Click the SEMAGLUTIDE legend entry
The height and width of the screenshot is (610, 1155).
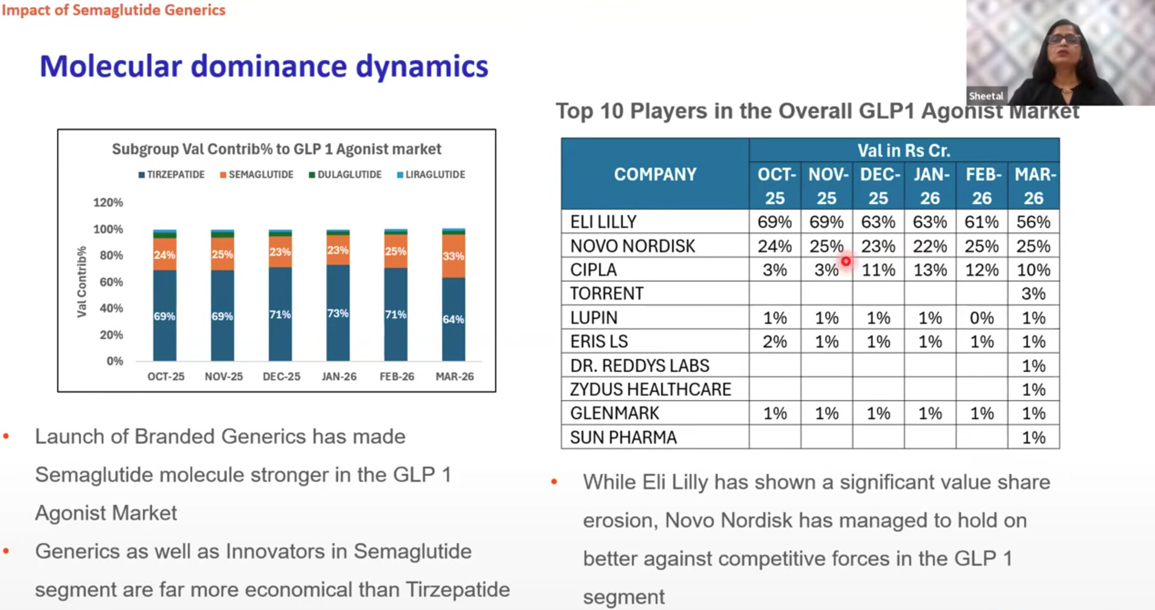click(257, 174)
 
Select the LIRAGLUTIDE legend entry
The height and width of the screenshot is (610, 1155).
click(431, 174)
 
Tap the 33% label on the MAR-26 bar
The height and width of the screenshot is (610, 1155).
click(453, 256)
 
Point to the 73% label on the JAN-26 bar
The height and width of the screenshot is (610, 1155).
click(338, 313)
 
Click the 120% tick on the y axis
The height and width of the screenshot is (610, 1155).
click(108, 202)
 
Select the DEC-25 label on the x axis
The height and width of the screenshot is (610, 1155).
click(281, 376)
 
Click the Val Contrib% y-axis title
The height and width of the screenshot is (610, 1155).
click(82, 281)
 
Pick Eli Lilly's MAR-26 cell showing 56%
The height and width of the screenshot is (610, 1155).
click(1033, 222)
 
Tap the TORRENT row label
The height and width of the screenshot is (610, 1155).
click(606, 293)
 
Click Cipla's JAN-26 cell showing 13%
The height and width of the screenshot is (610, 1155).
click(929, 270)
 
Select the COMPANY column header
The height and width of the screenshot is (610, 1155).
click(654, 174)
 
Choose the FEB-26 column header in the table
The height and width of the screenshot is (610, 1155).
click(982, 186)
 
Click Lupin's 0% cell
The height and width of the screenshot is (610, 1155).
click(981, 318)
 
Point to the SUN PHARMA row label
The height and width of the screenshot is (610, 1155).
click(623, 437)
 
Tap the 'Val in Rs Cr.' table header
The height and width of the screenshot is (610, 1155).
click(903, 150)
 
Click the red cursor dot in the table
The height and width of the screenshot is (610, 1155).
click(845, 261)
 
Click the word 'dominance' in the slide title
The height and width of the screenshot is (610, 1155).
click(268, 66)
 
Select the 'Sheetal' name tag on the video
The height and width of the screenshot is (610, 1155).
click(986, 96)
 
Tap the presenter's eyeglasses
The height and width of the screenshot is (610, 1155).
click(1064, 39)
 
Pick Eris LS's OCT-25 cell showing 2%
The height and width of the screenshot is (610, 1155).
click(774, 341)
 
